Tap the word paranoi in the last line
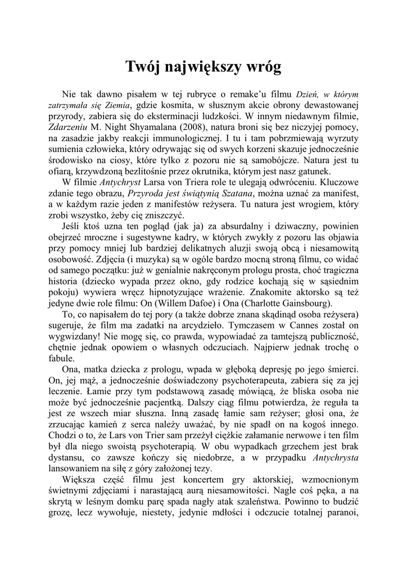(x=339, y=512)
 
